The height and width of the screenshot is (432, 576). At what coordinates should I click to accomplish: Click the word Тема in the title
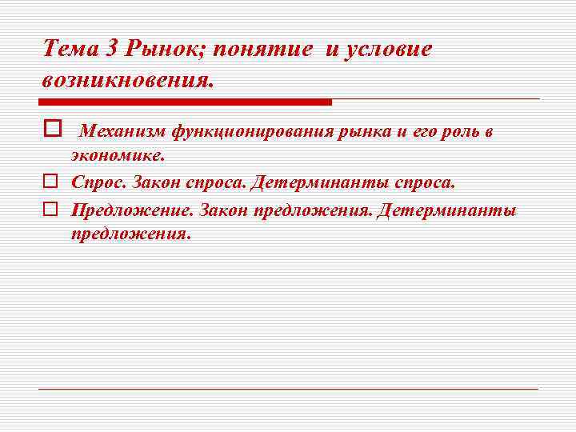point(70,50)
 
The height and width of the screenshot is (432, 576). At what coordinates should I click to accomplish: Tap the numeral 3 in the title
point(112,50)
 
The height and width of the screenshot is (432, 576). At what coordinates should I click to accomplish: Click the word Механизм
point(122,131)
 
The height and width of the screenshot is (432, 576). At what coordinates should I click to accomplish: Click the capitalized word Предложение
point(131,211)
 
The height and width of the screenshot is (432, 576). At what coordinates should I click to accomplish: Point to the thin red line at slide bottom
point(288,389)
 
